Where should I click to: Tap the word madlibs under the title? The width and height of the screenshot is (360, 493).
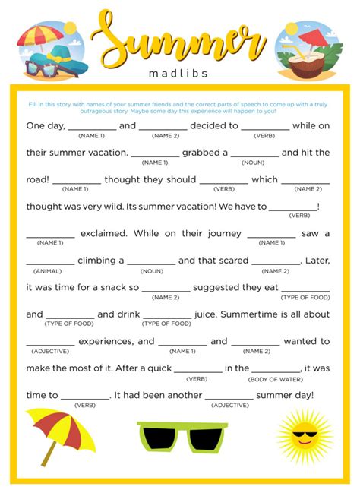180,74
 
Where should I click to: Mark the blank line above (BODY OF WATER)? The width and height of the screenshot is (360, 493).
275,370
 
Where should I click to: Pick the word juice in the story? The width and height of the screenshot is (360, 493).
207,314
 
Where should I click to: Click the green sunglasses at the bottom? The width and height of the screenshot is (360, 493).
179,438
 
